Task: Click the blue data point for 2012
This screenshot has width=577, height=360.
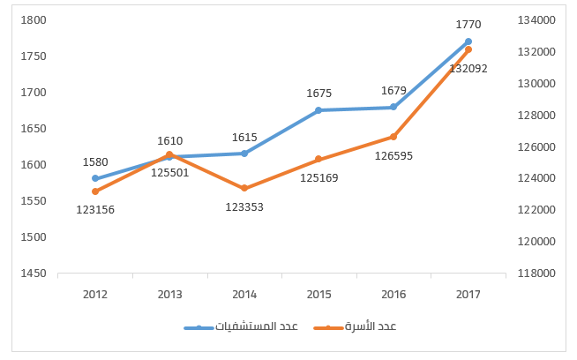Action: click(x=95, y=178)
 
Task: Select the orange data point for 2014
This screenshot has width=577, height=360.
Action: click(x=244, y=188)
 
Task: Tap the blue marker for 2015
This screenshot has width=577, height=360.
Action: click(x=318, y=110)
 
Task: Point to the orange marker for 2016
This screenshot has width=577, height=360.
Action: click(x=393, y=137)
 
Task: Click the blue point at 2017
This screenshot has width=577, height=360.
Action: click(x=468, y=41)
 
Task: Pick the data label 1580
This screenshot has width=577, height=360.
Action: click(x=95, y=162)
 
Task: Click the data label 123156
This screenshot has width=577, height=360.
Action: click(x=95, y=209)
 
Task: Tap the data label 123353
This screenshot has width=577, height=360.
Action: click(x=244, y=206)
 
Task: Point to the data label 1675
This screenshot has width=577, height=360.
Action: click(x=318, y=94)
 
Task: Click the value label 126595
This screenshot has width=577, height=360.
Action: click(x=393, y=155)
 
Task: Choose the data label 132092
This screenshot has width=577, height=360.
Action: click(x=468, y=67)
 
